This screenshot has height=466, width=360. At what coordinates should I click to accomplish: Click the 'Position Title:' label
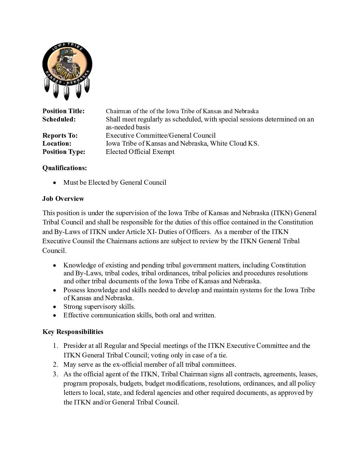point(64,111)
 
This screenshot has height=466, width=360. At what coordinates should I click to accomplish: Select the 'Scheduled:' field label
point(59,119)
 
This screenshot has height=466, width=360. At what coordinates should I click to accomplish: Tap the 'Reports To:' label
point(60,135)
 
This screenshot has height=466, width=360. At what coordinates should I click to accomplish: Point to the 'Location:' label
point(57,144)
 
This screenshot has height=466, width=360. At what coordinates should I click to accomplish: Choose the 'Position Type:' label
point(64,152)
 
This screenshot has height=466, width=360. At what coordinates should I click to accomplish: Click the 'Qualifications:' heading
point(65,168)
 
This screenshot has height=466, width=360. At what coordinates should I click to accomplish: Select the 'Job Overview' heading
point(63,199)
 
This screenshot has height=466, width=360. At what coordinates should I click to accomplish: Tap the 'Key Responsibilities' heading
point(73,332)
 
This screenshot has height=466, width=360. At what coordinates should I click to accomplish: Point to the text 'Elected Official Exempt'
point(140,152)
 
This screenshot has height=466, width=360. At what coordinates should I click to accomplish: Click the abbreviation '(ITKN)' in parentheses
point(281,213)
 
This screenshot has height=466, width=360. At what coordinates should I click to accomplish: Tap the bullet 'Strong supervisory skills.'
point(99,307)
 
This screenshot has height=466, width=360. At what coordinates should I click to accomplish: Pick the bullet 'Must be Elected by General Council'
point(115,183)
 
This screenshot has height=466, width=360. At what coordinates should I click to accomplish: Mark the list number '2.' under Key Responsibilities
point(56,365)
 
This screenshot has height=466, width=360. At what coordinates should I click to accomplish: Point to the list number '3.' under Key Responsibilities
point(56,374)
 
